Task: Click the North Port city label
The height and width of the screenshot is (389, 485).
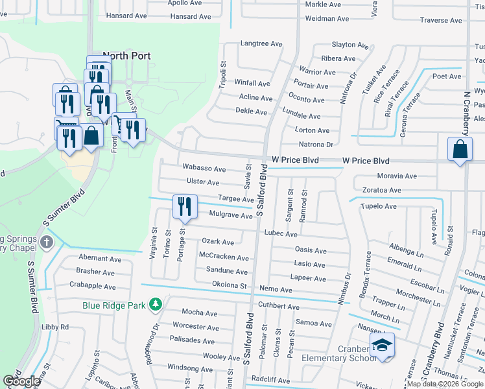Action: tap(126, 56)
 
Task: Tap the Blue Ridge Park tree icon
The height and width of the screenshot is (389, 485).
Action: tap(155, 304)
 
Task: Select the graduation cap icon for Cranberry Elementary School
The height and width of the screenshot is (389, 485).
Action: tap(382, 347)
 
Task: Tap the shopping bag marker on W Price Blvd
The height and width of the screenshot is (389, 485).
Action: tap(460, 149)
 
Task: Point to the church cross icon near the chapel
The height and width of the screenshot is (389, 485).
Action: tap(46, 242)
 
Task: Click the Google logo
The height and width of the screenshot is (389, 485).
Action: tap(21, 381)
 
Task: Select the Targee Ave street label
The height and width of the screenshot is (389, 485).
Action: tap(236, 199)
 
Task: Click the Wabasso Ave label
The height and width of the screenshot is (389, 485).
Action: tap(204, 167)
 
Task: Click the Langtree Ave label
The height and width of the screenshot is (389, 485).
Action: tap(261, 44)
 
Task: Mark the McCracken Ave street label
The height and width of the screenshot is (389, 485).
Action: tap(224, 257)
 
